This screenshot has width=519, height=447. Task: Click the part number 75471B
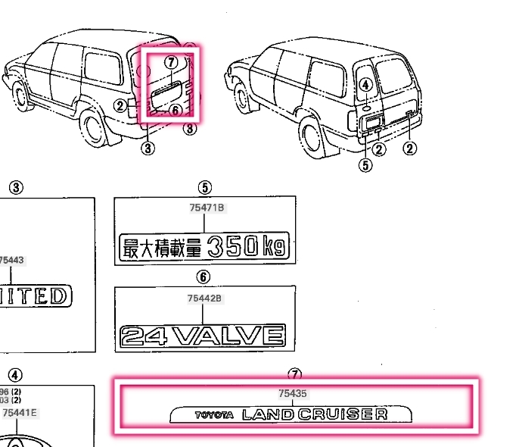coord(204,208)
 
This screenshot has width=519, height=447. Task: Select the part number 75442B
coord(204,299)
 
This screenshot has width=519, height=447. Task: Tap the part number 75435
coord(294,394)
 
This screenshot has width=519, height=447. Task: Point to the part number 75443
coord(11,260)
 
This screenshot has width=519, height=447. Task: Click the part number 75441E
coord(19,413)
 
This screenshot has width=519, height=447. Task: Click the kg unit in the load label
coord(273,248)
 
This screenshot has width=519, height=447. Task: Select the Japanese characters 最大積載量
coord(163,248)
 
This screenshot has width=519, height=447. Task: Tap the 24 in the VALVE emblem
coord(144,336)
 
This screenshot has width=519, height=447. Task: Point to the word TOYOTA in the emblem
coord(214,415)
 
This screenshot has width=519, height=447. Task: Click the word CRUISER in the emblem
coord(343,414)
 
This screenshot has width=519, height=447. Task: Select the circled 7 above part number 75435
coord(294,375)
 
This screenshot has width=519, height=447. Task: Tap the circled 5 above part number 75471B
coord(204,188)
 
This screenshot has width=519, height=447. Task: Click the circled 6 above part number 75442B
coord(204,277)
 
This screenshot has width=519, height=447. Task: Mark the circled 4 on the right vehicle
coord(366,86)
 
